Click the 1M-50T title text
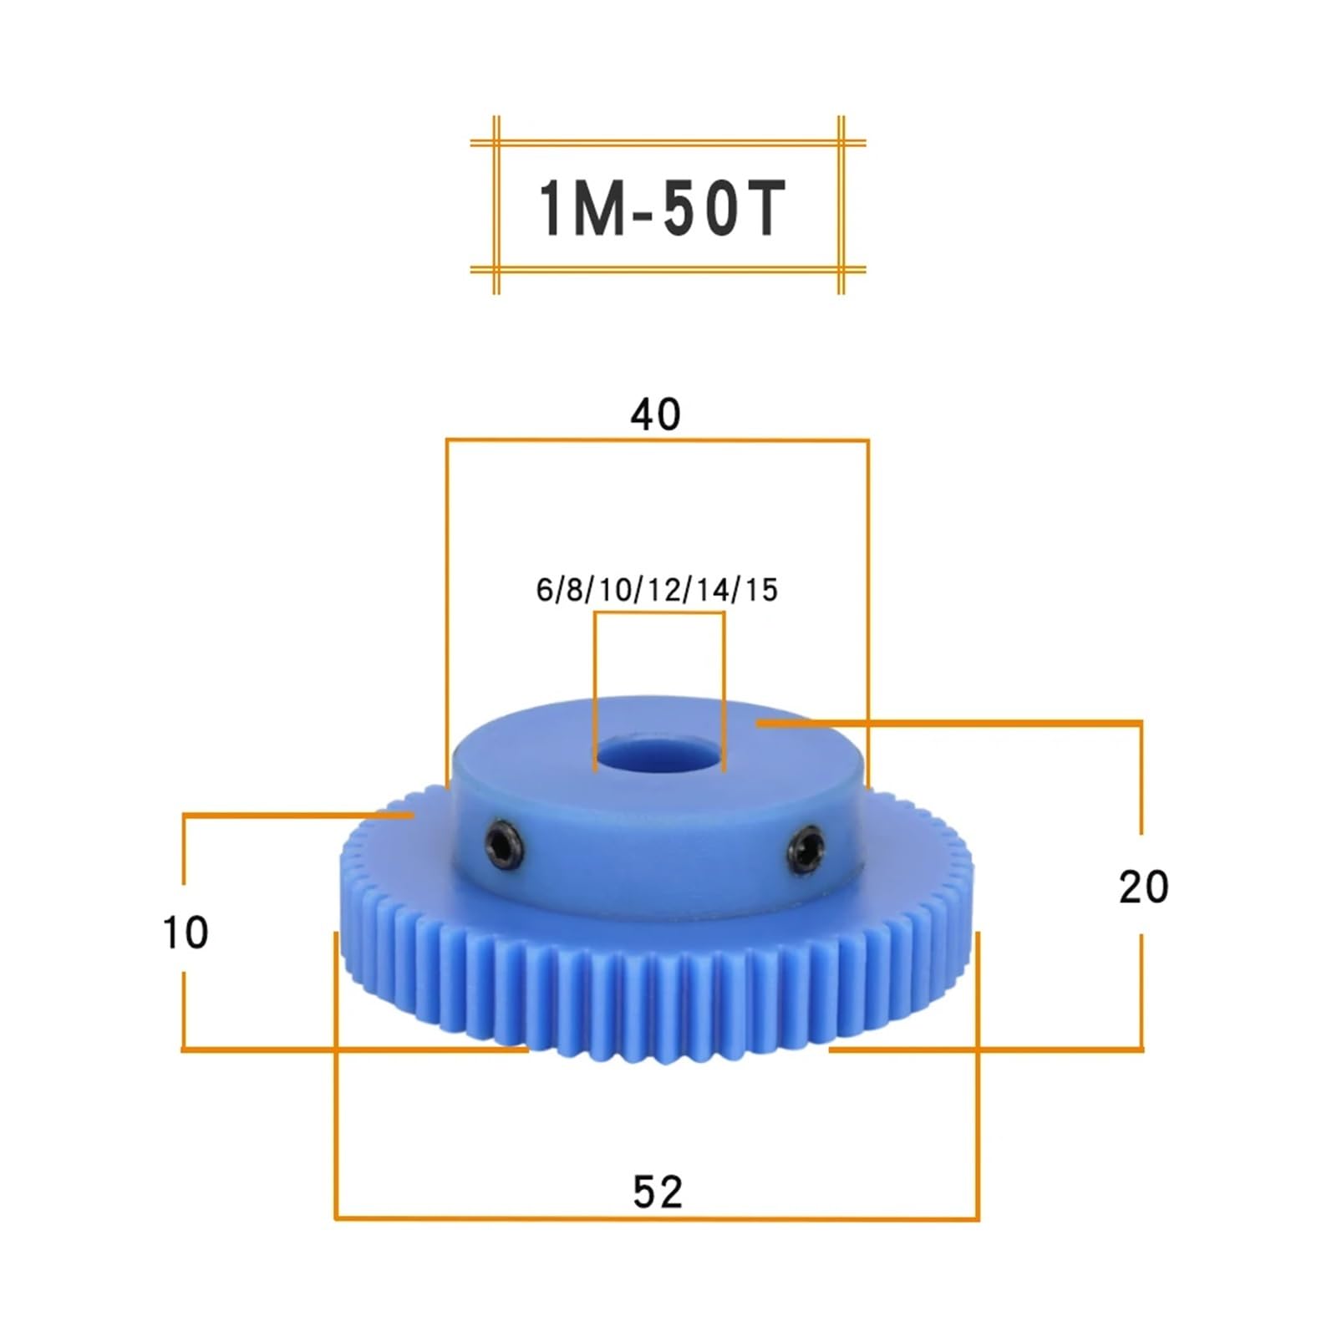[x=660, y=207]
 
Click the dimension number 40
[x=655, y=414]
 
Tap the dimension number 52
[x=658, y=1192]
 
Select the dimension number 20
[x=1143, y=887]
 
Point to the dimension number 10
[x=185, y=933]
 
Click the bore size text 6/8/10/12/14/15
[x=657, y=590]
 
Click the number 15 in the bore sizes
[x=761, y=590]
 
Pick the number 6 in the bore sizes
[x=544, y=590]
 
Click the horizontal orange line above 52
[x=657, y=1218]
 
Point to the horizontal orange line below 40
[x=657, y=440]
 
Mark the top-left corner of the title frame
[x=496, y=143]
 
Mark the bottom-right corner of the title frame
[x=841, y=269]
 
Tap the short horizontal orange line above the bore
[x=658, y=613]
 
